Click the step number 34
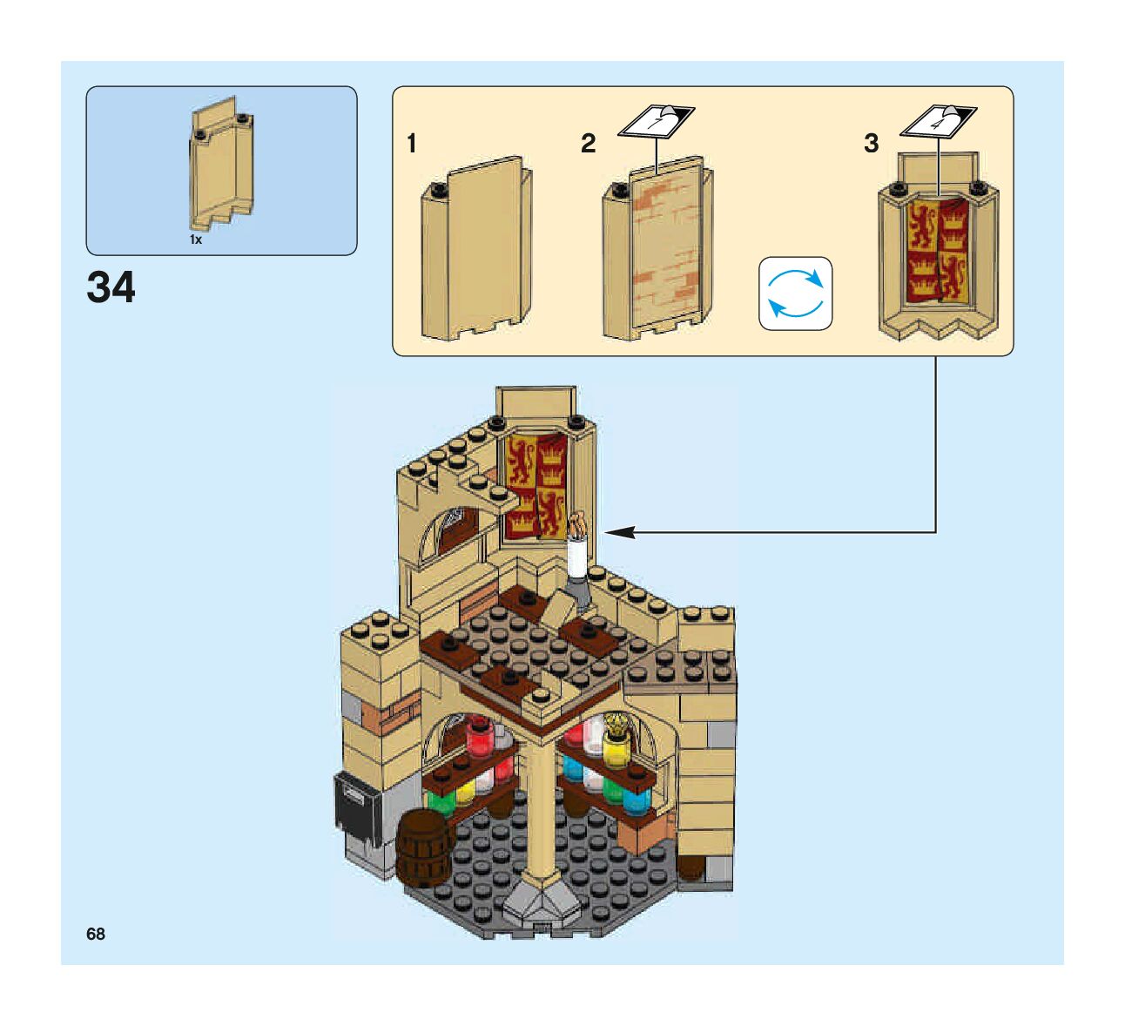111,287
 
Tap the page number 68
96,934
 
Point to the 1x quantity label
196,240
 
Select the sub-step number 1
412,144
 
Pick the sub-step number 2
589,144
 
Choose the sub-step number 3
871,144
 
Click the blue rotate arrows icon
795,294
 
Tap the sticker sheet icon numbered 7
656,121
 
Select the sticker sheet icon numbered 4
938,121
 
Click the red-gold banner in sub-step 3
938,250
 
